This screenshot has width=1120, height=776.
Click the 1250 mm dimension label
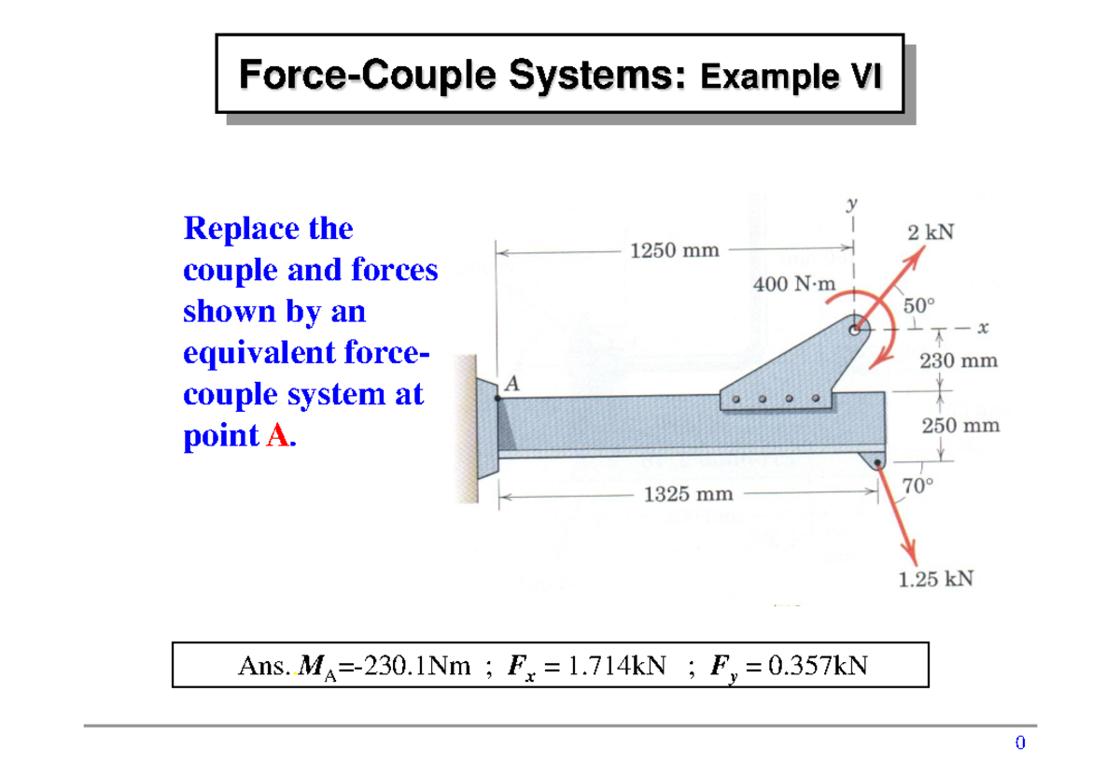[675, 250]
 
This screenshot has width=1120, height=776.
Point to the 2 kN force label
[931, 233]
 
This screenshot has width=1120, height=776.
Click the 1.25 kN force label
[935, 579]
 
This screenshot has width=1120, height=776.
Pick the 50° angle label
[919, 304]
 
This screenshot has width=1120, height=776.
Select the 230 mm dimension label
[959, 360]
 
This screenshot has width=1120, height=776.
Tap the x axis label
[983, 329]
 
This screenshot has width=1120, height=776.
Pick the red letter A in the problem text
[277, 435]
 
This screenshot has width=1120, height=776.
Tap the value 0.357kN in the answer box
[815, 666]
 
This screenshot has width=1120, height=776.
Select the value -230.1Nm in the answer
[413, 666]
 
